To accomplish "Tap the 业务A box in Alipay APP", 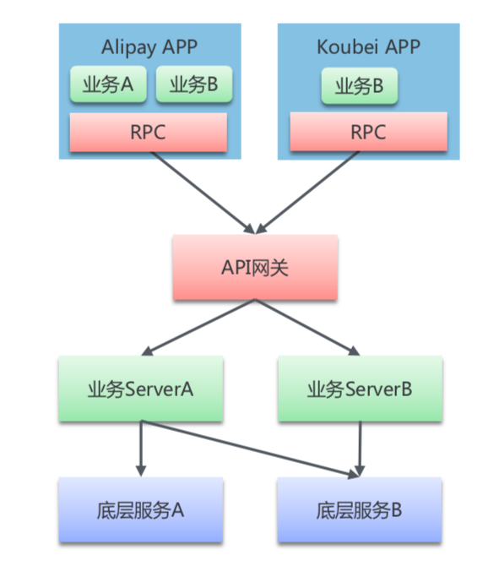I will click(x=108, y=85).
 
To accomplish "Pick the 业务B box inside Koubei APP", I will click(x=360, y=85).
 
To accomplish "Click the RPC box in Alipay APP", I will click(x=148, y=133).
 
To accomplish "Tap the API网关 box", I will click(x=255, y=267).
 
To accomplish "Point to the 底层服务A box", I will click(x=140, y=510).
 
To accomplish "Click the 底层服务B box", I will click(x=360, y=510).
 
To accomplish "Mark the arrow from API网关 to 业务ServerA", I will click(x=199, y=328).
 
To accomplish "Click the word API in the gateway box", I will click(x=236, y=268).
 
